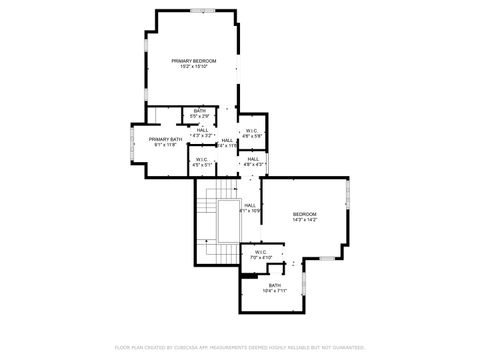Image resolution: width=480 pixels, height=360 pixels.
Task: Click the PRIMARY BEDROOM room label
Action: [193, 61]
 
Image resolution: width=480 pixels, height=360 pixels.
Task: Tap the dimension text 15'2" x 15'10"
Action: [193, 67]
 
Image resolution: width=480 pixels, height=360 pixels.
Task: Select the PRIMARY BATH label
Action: [165, 139]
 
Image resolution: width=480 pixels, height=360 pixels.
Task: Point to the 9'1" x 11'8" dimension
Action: [165, 145]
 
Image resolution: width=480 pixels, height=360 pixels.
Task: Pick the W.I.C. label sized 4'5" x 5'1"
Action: [201, 159]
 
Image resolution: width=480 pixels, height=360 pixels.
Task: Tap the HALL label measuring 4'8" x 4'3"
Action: [253, 159]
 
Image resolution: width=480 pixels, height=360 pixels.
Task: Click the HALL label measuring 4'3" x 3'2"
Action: [203, 130]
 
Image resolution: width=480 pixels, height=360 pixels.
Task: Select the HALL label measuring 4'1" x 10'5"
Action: [249, 206]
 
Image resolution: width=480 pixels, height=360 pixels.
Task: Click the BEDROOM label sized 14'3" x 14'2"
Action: [304, 214]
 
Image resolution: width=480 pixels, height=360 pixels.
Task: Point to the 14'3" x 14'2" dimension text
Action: [304, 220]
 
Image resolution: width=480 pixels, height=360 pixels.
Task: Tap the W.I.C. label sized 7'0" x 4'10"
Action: [260, 252]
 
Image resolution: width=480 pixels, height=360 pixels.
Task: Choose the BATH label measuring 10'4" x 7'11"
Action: [274, 286]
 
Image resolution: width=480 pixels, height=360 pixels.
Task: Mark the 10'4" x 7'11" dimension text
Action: [274, 292]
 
